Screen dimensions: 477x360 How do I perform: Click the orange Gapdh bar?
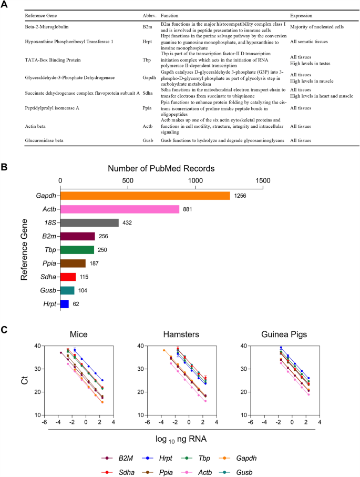(145, 196)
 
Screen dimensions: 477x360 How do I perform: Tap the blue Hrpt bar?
(65, 303)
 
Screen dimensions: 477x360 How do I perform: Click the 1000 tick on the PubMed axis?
(196, 180)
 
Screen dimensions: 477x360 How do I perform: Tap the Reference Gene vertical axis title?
(24, 250)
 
